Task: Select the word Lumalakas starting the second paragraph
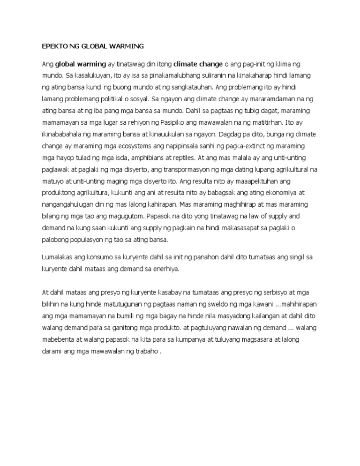point(57,257)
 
